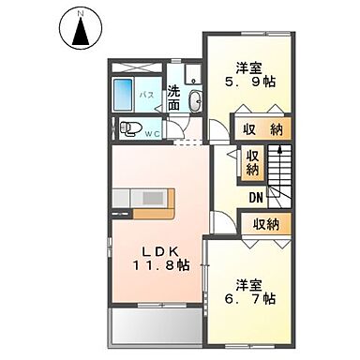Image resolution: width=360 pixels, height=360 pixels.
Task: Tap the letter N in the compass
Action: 80,14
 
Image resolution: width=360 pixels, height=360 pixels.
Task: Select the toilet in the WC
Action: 133,127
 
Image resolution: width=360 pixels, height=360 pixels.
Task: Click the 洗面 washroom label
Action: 174,99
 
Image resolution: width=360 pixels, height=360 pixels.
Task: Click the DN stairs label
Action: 256,197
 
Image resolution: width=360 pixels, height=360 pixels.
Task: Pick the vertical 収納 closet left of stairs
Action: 252,164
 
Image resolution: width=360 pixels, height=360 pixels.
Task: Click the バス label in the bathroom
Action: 146,96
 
